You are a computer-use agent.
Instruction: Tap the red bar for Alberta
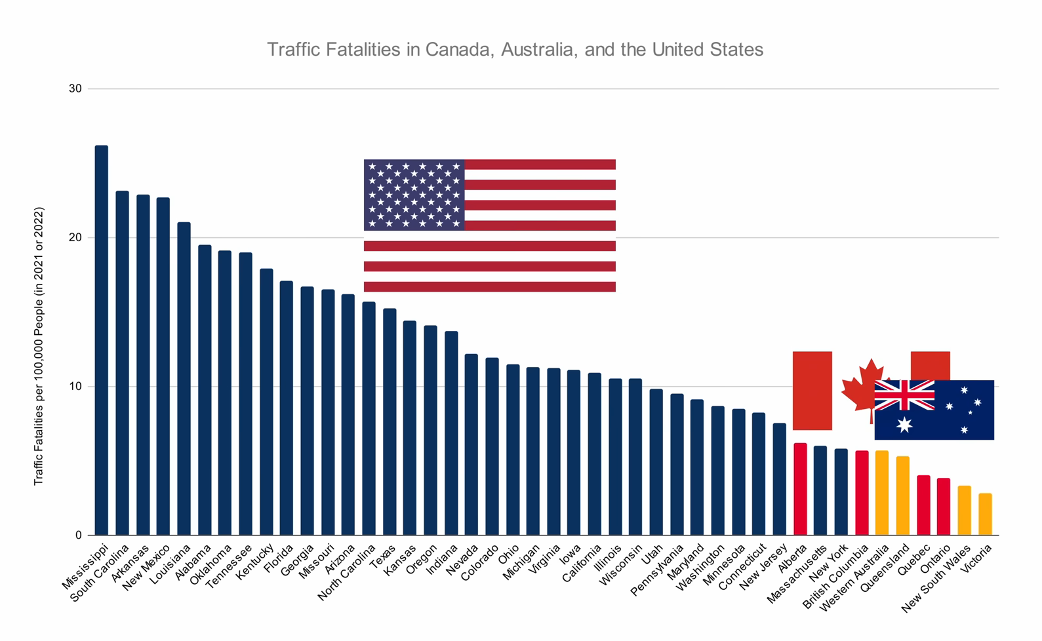click(x=800, y=489)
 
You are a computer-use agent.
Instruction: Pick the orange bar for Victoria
click(x=985, y=514)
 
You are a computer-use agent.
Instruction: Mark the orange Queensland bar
click(x=903, y=495)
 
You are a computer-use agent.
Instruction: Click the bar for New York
click(x=841, y=492)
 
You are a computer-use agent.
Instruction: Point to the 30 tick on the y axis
click(x=75, y=88)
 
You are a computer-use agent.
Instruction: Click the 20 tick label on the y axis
click(x=75, y=237)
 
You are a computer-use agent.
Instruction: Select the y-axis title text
click(x=39, y=346)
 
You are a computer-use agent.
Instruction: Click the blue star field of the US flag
click(x=414, y=195)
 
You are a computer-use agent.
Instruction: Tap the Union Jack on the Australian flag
click(x=904, y=395)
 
